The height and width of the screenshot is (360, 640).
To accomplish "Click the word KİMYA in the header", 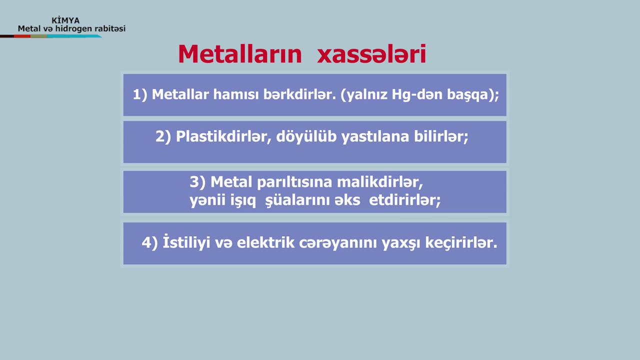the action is pos(65,20).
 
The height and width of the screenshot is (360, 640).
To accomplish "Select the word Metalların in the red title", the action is pos(240,54).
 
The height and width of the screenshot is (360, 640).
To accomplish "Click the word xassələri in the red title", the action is pos(371,54).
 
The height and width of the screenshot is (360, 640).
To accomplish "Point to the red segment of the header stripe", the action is pos(22,36).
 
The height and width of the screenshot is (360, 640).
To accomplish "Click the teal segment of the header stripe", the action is pos(74,36).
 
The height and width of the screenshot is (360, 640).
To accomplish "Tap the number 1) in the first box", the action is pos(140,94).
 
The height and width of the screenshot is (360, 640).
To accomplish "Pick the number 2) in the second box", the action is pos(163,136).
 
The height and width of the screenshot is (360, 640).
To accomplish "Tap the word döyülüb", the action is pos(306,136).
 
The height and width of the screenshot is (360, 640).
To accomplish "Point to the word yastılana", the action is pos(375,137).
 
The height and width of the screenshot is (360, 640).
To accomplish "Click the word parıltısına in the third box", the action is pos(294,182).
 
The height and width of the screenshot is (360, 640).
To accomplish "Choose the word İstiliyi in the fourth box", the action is pos(186,242).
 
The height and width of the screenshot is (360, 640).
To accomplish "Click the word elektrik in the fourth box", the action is pos(265,242).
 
